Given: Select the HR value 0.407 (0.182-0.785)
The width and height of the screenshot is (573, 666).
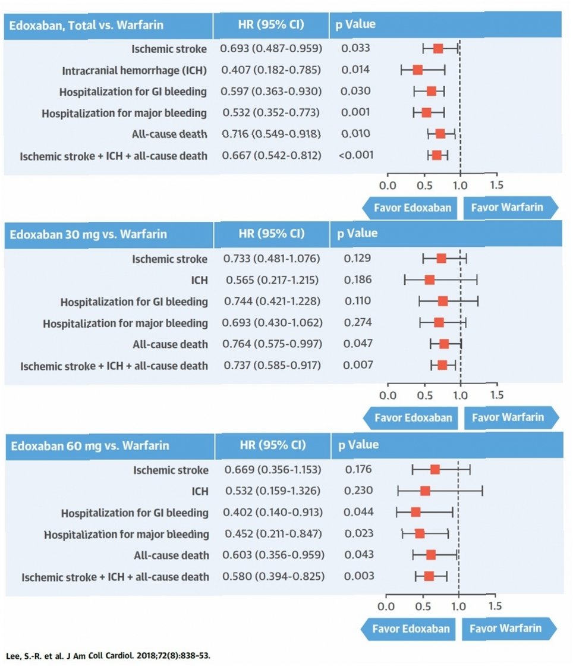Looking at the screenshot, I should tap(270, 70).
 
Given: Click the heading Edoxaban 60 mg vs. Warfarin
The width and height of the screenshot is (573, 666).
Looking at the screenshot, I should tap(90, 445).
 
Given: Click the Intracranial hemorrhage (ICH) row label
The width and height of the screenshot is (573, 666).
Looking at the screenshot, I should tap(134, 71).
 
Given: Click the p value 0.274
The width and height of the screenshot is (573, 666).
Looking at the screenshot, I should tap(358, 323).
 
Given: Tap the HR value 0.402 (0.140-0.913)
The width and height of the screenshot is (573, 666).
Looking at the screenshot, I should tap(273, 513).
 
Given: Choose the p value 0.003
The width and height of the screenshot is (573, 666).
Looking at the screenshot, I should tap(360, 576).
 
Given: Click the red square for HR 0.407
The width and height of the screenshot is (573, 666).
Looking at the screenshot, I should tap(417, 70).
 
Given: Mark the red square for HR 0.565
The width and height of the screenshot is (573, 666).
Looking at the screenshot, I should tap(429, 279).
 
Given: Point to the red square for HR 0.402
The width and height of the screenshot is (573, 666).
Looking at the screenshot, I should tap(415, 512).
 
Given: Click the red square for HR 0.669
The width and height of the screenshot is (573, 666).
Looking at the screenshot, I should tap(435, 470).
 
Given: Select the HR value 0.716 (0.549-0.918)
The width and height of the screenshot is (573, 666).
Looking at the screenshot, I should tap(271, 134).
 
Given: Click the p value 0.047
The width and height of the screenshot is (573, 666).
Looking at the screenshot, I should tap(358, 344).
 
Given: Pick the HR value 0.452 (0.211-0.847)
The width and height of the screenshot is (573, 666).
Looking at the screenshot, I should tap(273, 534).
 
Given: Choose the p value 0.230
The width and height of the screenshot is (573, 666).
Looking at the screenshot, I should tap(359, 491).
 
